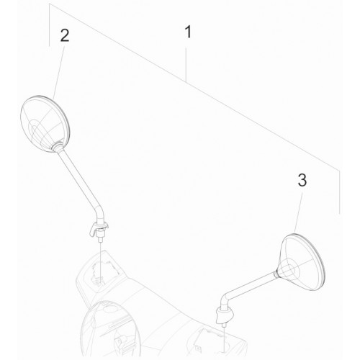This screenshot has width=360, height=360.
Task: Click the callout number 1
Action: (189, 32)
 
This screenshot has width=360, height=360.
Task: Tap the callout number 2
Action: (65, 36)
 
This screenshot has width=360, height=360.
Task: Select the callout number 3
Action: (302, 180)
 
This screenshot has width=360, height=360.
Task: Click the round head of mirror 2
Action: (45, 124)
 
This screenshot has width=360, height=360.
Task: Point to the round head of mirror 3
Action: (303, 262)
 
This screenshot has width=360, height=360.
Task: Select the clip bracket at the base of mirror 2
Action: (98, 228)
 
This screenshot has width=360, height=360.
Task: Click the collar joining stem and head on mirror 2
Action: (58, 146)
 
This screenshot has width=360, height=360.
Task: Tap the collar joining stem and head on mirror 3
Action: (277, 274)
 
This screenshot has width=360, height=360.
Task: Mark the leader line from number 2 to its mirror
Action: (59, 72)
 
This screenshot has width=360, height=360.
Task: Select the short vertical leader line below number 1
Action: (186, 64)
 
